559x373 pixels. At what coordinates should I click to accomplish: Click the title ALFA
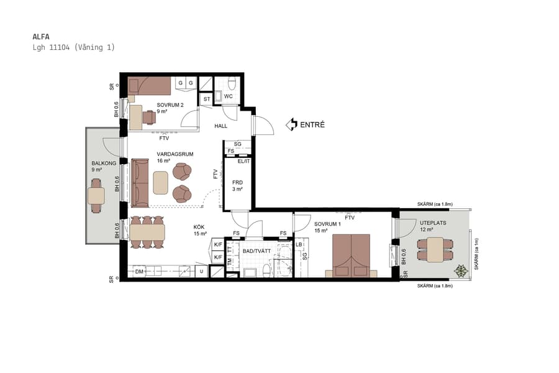click(41, 36)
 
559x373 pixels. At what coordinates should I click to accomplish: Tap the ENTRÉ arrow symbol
click(291, 125)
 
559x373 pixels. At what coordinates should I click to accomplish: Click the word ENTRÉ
click(312, 125)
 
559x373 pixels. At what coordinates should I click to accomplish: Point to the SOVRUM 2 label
click(170, 105)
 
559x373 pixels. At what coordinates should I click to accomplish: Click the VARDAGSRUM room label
click(175, 154)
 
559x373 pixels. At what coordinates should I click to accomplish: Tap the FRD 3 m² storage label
click(237, 183)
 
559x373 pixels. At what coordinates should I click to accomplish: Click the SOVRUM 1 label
click(327, 224)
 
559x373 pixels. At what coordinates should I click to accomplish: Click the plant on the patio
click(461, 270)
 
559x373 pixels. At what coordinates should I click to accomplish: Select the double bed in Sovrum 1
click(351, 255)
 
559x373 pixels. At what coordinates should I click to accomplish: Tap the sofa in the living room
click(140, 182)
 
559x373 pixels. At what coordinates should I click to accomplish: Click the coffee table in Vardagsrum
click(161, 182)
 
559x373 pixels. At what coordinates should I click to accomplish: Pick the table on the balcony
click(96, 196)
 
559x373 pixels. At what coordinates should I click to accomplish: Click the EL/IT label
click(243, 161)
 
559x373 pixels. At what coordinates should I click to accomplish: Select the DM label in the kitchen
click(140, 271)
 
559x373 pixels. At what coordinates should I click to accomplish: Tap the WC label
click(228, 96)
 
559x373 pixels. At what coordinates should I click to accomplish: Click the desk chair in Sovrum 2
click(149, 117)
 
